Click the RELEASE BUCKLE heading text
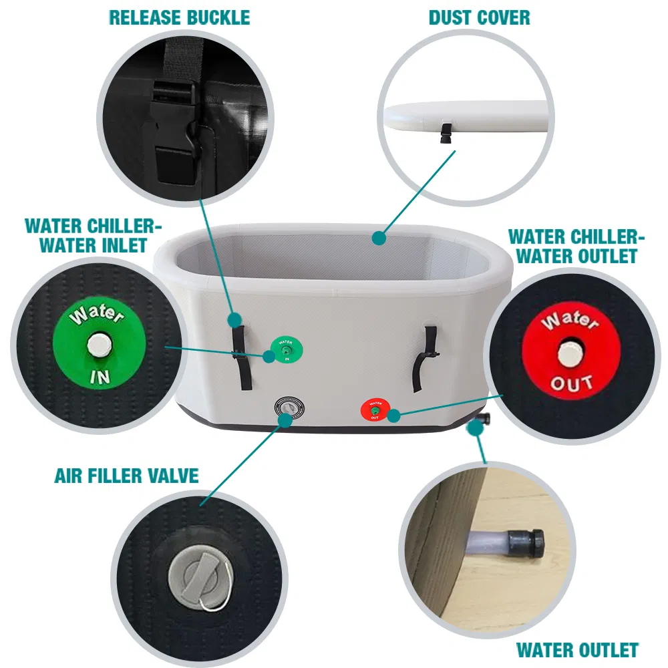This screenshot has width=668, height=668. pos(179,17)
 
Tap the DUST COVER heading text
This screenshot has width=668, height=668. pos(480,17)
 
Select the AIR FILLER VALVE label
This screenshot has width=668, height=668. pos(126,476)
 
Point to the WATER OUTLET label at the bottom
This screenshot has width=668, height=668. pos(577,649)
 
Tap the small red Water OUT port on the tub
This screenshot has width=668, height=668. pos(375,408)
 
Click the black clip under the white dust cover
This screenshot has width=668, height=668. pos(444,136)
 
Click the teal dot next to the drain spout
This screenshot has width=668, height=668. pos(474,428)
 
